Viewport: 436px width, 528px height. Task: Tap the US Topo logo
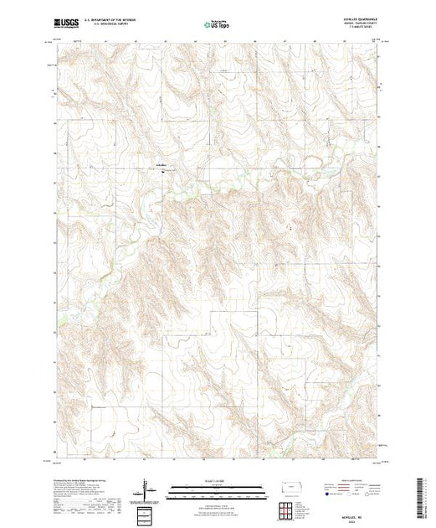218,25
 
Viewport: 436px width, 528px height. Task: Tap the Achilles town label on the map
160,165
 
